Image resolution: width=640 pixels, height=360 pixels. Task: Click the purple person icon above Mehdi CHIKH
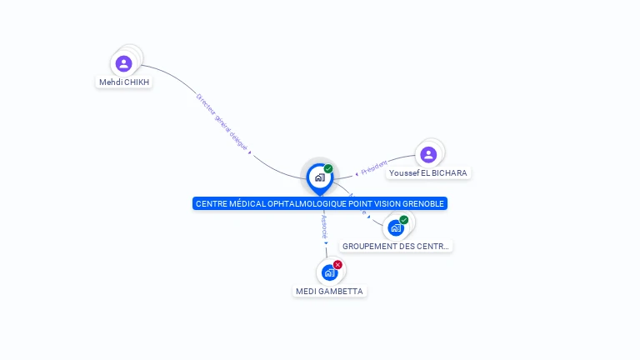pyautogui.click(x=123, y=63)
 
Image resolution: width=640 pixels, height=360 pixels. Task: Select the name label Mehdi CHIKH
pyautogui.click(x=124, y=82)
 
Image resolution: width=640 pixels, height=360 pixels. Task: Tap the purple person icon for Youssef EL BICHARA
pyautogui.click(x=428, y=154)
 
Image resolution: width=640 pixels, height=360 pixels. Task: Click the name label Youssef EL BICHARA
pyautogui.click(x=428, y=173)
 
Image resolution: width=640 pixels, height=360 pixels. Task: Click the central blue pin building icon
pyautogui.click(x=319, y=177)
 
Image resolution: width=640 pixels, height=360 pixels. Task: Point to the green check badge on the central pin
pyautogui.click(x=328, y=168)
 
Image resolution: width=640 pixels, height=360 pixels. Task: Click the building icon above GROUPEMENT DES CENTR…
pyautogui.click(x=396, y=227)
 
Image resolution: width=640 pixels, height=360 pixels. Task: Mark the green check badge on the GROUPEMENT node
pyautogui.click(x=404, y=220)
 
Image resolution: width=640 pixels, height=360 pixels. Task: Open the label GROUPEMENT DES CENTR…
pyautogui.click(x=396, y=247)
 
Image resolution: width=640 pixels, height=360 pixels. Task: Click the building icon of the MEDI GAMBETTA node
pyautogui.click(x=330, y=272)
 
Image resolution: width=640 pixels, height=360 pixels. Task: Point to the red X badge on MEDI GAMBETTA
pyautogui.click(x=337, y=265)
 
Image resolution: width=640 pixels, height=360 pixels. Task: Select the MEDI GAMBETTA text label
pyautogui.click(x=330, y=291)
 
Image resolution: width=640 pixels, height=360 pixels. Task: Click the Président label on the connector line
pyautogui.click(x=374, y=167)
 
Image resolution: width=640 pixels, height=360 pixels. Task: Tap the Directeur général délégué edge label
pyautogui.click(x=221, y=122)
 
